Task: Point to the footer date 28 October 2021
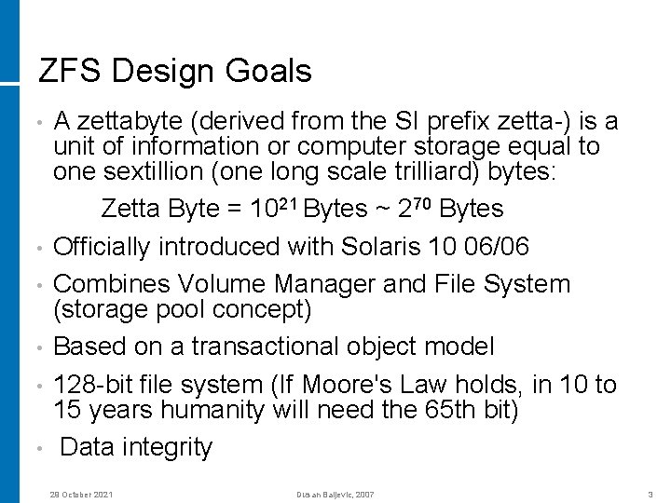tap(81, 494)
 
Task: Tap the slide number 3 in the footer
tap(649, 494)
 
